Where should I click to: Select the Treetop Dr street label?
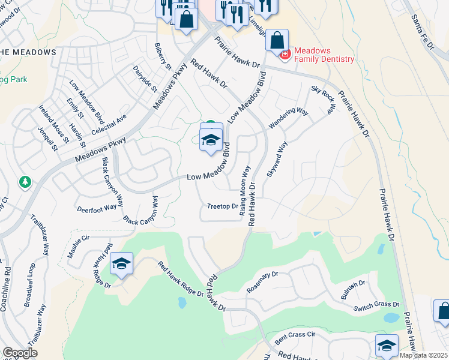click(x=222, y=206)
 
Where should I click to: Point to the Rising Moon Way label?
click(x=244, y=191)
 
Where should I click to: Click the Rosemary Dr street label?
click(x=263, y=283)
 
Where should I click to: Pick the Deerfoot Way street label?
click(x=97, y=209)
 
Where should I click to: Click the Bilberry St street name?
click(x=163, y=56)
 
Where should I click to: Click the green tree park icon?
click(x=25, y=181)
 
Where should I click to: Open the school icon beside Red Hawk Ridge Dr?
click(x=121, y=263)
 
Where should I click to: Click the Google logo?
click(x=20, y=353)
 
